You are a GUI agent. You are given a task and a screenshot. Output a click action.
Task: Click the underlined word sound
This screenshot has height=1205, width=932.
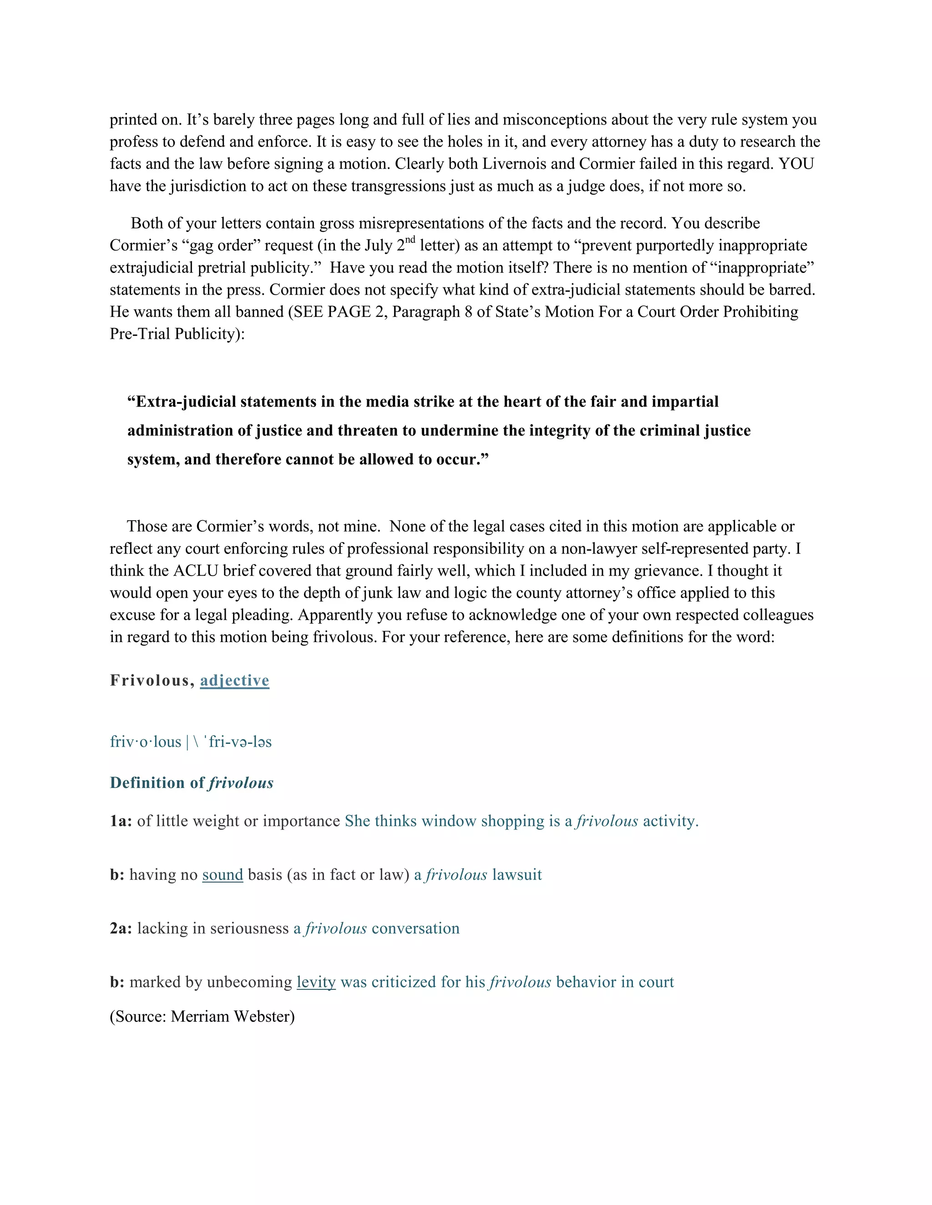click(x=223, y=874)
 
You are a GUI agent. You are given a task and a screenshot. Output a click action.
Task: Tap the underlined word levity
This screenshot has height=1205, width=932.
click(x=316, y=982)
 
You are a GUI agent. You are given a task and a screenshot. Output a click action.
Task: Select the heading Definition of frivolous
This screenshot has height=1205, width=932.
click(x=192, y=783)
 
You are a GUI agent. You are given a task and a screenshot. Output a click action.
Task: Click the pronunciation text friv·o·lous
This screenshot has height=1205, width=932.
click(x=145, y=742)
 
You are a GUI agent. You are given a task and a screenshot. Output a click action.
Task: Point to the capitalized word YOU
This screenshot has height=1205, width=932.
click(x=796, y=164)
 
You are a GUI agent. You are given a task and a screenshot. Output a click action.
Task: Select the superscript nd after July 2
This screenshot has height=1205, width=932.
click(x=410, y=240)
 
